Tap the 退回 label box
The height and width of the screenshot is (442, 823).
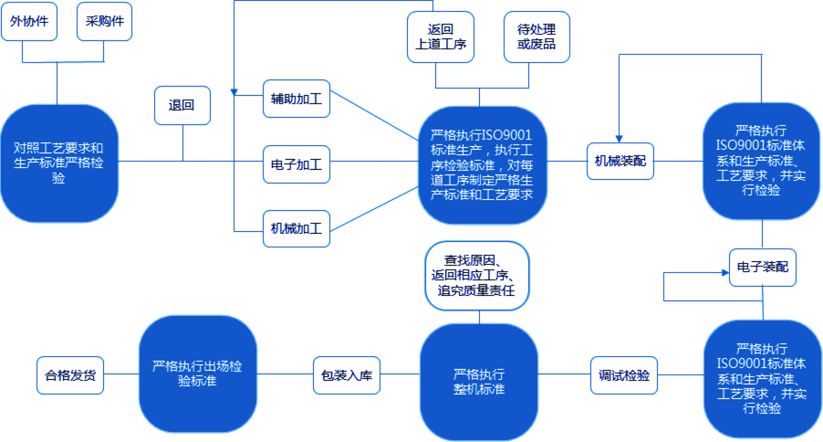click(182, 105)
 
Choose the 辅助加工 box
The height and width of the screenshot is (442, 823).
click(296, 99)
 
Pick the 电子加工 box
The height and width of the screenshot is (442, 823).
click(296, 164)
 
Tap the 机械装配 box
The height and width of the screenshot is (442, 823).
click(620, 161)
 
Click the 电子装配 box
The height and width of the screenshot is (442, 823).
click(762, 268)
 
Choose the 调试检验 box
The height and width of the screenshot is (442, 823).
click(623, 375)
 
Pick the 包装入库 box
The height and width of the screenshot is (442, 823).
click(346, 375)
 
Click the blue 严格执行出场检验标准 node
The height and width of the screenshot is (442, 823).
click(197, 374)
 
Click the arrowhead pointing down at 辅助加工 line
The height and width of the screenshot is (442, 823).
click(234, 92)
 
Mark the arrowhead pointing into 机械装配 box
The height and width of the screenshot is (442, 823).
click(620, 137)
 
